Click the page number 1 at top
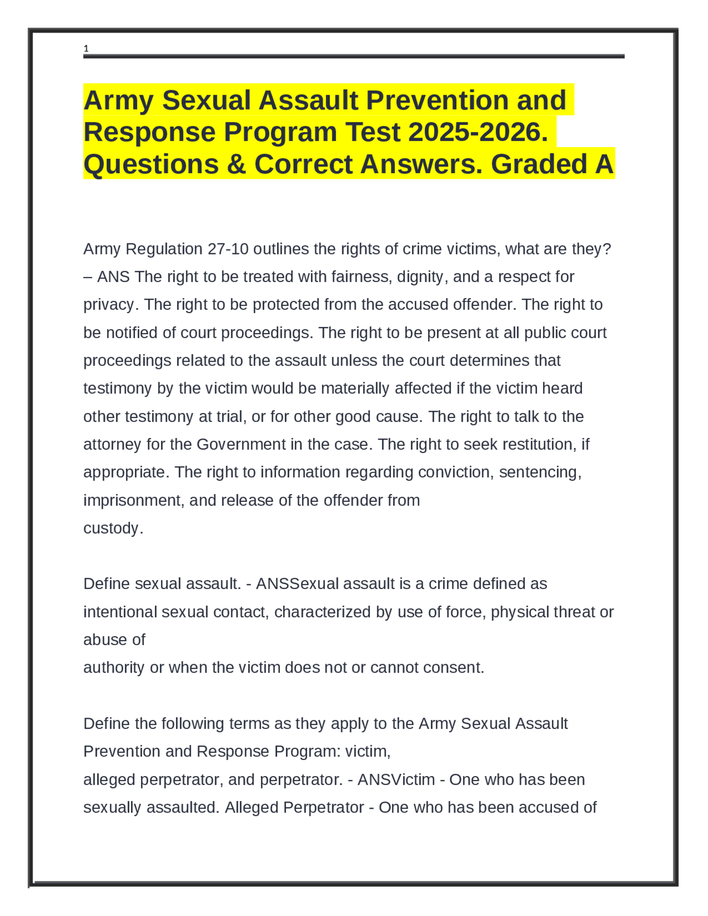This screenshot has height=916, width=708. (x=86, y=49)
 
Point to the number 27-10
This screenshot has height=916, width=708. (x=228, y=249)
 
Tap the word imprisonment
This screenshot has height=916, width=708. (x=134, y=500)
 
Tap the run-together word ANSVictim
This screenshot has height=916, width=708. (x=396, y=780)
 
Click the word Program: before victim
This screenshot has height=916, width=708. (x=308, y=752)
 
